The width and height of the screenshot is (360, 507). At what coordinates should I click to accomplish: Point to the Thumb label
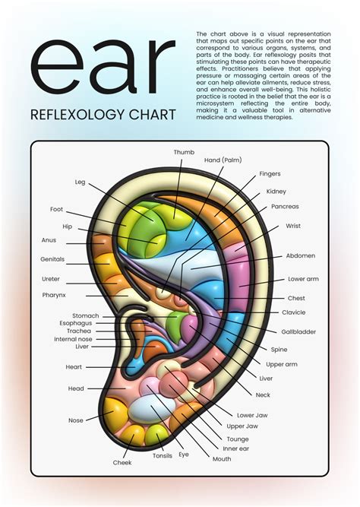pos(184,152)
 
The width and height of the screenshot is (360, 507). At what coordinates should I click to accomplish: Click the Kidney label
pos(276,191)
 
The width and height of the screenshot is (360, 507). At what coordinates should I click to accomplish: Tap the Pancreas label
pos(285,206)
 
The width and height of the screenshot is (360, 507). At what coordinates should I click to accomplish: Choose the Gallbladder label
pos(298,331)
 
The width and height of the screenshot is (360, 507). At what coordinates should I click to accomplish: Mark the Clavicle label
pos(294,312)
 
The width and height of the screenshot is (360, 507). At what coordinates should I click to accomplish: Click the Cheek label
pos(122,462)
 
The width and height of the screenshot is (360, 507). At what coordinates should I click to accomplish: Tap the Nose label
pos(76,420)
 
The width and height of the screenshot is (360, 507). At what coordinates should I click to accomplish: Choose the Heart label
pos(74,366)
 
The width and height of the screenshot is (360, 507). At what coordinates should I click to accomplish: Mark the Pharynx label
pos(54,295)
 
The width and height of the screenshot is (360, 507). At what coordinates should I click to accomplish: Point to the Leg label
pos(80,182)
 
